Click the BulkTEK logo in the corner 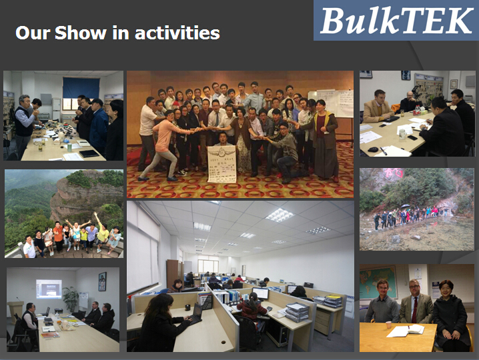pos(396,20)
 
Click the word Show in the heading pos(81,33)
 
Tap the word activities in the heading pos(177,33)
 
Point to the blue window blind pos(81,87)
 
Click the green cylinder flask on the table pos(69,147)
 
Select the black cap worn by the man pos(97,101)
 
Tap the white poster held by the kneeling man pos(222,164)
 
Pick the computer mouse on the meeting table pos(373,149)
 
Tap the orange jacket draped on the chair pos(396,108)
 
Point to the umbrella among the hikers pos(405,206)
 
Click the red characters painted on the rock pos(393,173)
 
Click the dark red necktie pos(414,310)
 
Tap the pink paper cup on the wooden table pos(388,325)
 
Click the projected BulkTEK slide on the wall pos(49,289)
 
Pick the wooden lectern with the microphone pos(15,311)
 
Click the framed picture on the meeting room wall pos(102,281)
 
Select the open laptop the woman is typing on pos(196,314)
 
